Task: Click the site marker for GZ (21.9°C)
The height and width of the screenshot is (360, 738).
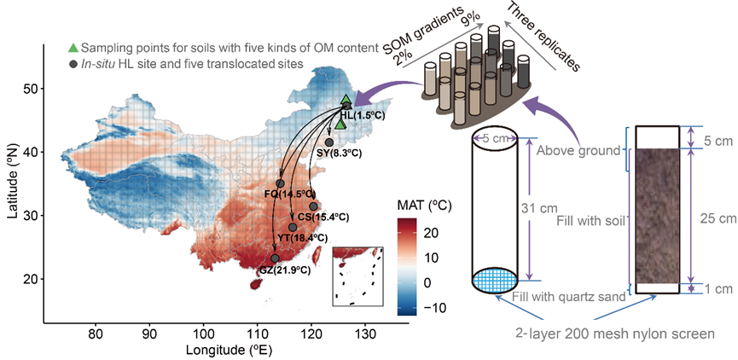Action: coord(275,258)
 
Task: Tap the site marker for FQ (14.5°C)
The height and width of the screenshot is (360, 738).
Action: coord(280,183)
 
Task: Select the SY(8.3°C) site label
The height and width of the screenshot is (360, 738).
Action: coord(334,154)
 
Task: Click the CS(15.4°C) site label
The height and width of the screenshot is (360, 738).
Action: coord(325,217)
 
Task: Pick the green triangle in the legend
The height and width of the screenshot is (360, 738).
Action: coord(73,45)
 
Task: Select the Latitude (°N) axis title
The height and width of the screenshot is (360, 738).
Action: coord(12,183)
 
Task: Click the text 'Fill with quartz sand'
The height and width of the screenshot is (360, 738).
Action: coord(567,297)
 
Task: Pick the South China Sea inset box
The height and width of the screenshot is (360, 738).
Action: coord(357,274)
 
